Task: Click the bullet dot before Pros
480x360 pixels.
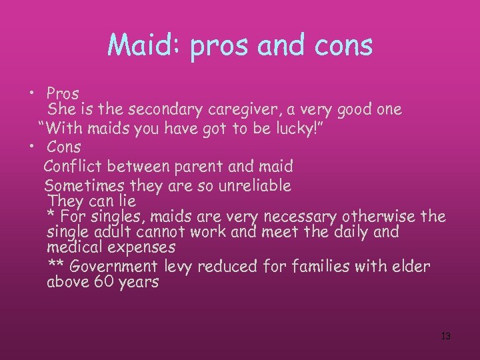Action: [31, 93]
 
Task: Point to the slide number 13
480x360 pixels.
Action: [446, 336]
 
